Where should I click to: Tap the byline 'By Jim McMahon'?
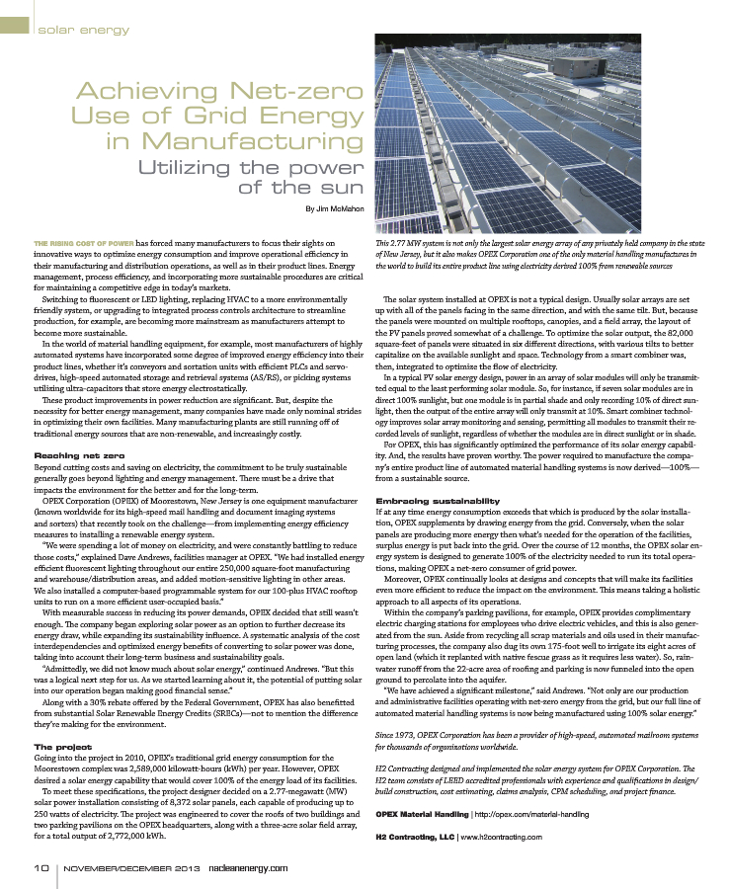point(334,209)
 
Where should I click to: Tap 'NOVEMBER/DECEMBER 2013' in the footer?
point(121,867)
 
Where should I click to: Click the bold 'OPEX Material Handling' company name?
point(423,814)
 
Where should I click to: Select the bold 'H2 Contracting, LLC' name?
point(415,838)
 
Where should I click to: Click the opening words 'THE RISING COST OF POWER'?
point(84,242)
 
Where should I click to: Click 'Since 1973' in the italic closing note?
point(396,736)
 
